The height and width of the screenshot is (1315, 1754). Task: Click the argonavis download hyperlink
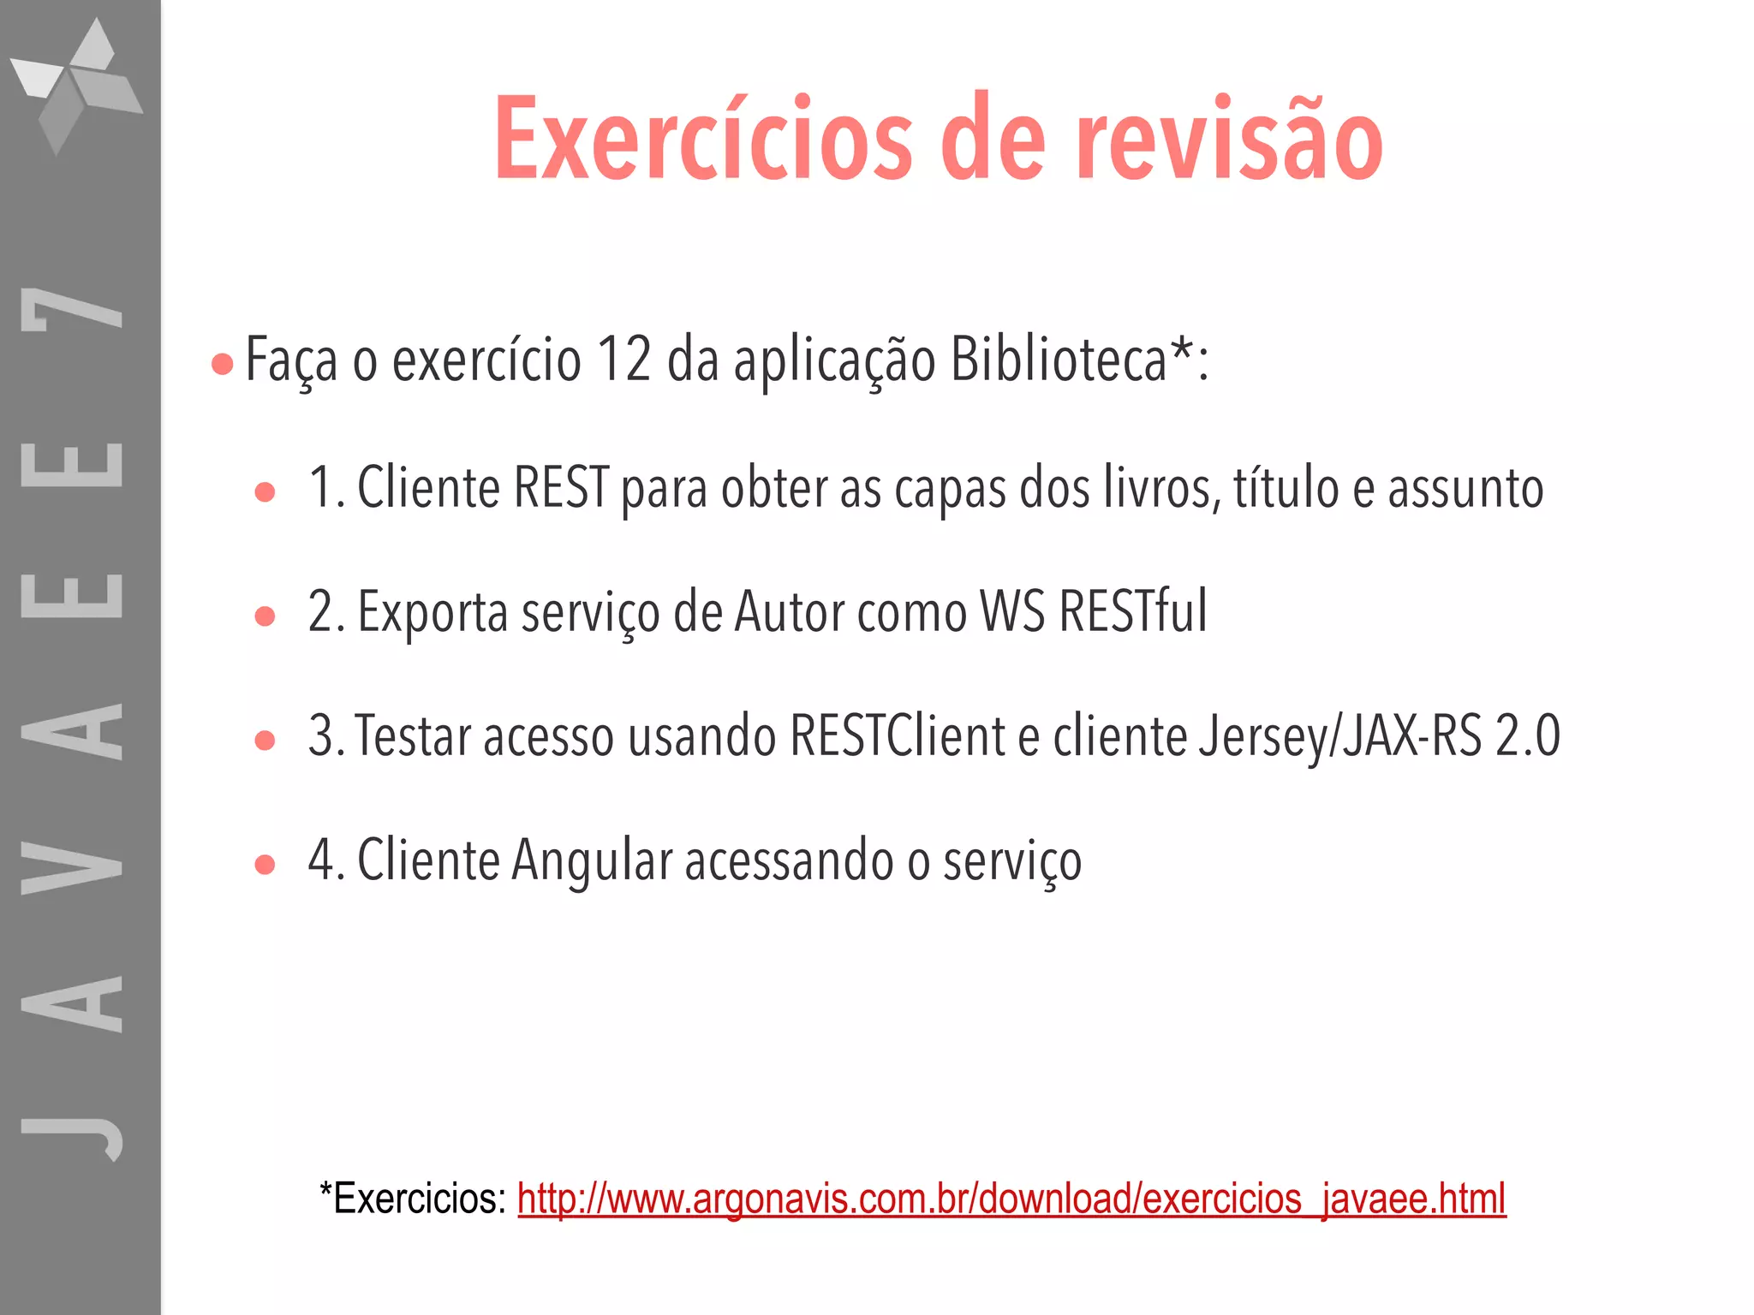pyautogui.click(x=1011, y=1199)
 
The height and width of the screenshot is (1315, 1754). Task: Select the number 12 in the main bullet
pyautogui.click(x=624, y=360)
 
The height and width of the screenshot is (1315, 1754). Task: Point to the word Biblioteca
pyautogui.click(x=1059, y=360)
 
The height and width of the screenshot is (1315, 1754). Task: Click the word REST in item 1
pyautogui.click(x=562, y=488)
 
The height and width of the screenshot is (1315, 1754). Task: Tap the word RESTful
pyautogui.click(x=1132, y=612)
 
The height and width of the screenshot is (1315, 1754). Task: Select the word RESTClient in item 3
pyautogui.click(x=897, y=736)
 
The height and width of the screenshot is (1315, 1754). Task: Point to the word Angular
pyautogui.click(x=592, y=860)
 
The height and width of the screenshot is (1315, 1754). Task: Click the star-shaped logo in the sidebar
pyautogui.click(x=77, y=86)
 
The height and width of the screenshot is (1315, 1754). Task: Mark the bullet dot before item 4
pyautogui.click(x=265, y=865)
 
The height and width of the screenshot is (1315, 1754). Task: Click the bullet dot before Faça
pyautogui.click(x=222, y=365)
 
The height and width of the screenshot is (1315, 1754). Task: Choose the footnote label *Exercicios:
pyautogui.click(x=413, y=1199)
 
